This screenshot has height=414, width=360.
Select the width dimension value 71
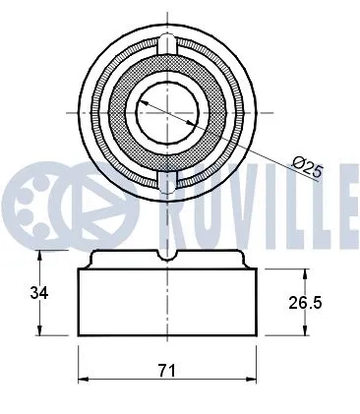tap(167, 370)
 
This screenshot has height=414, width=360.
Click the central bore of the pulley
tap(168, 112)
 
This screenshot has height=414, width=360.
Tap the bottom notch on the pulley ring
tap(168, 181)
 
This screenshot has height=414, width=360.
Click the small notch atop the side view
tap(168, 253)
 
